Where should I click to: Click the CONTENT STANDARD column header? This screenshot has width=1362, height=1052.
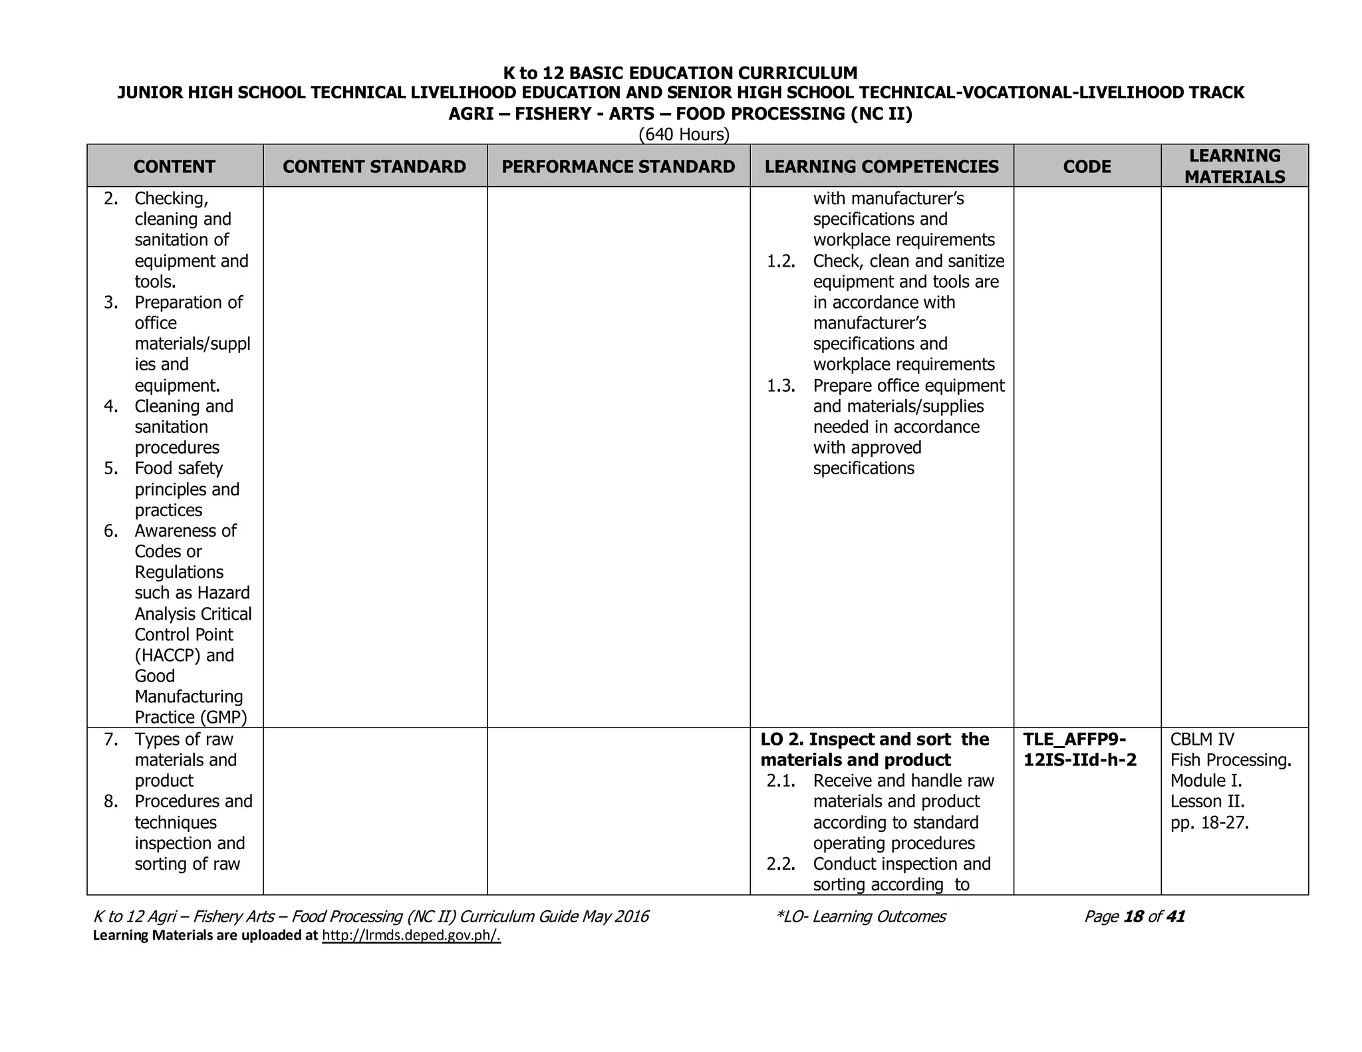(374, 166)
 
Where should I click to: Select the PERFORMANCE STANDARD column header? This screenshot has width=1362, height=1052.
(618, 166)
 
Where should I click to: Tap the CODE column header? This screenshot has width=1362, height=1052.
(1087, 166)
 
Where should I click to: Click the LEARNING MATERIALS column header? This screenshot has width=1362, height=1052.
(1234, 166)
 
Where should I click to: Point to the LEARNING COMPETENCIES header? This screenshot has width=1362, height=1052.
(881, 166)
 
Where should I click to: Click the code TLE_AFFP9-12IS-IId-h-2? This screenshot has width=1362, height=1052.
(1079, 749)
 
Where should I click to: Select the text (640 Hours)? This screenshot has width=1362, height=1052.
(684, 134)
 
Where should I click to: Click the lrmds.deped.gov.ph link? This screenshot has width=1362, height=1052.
(410, 936)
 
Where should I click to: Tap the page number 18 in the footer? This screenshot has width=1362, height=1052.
(1133, 916)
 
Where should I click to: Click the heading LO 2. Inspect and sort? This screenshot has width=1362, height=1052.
(874, 739)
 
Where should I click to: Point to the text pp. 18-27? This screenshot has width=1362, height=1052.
(1209, 823)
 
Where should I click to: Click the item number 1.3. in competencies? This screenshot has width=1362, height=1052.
(781, 386)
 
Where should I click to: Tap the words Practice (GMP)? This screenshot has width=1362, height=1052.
(191, 717)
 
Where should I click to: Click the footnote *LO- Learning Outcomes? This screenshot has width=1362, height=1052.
(861, 916)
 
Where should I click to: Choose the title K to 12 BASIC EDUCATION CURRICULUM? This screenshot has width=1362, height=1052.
(680, 72)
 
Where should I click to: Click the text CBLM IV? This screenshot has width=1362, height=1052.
(1202, 739)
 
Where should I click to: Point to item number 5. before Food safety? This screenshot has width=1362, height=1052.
(111, 468)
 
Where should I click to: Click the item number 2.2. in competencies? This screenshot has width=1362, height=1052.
(781, 864)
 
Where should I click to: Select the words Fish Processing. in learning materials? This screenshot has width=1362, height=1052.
(1230, 760)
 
